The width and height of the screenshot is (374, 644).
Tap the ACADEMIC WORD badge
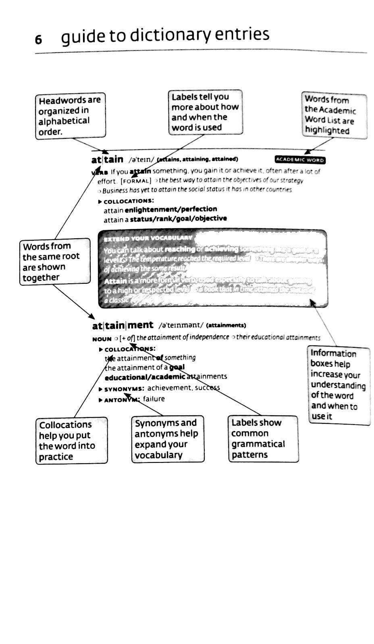pos(300,160)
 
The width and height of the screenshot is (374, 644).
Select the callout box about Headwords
pos(70,116)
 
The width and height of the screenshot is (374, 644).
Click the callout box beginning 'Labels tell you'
pos(205,112)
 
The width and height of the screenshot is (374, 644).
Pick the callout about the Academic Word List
pos(334,116)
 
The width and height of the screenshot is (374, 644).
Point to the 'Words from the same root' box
pos(55,262)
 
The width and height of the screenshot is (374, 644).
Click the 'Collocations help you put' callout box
pos(71,441)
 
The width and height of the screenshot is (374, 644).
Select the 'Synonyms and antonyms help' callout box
pos(168,439)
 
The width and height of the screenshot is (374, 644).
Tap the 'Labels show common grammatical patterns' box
pos(263,439)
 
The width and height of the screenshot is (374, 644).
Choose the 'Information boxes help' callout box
pos(338,385)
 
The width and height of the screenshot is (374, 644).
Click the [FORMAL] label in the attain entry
pos(136,181)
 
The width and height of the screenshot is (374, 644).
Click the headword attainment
pos(123,325)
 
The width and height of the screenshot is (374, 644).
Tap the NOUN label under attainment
pos(102,339)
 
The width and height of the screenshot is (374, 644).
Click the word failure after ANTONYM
pos(154,399)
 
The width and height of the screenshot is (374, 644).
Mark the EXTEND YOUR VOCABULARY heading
pos(148,238)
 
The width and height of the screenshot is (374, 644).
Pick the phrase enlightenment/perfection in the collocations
pos(171,209)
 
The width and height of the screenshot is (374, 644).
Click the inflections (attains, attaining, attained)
pos(197,159)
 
